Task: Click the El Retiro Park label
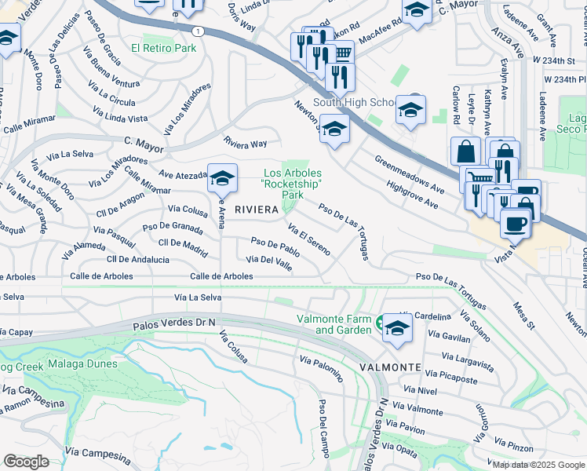coord(163,48)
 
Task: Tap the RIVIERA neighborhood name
coord(257,210)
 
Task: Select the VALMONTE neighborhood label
coord(390,367)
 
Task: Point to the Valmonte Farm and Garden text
coord(334,324)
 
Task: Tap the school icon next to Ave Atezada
coord(222,178)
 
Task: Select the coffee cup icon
coord(515,224)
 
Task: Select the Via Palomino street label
coord(322,368)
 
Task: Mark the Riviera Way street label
coord(245,144)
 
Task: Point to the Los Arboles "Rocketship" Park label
coord(293,184)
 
